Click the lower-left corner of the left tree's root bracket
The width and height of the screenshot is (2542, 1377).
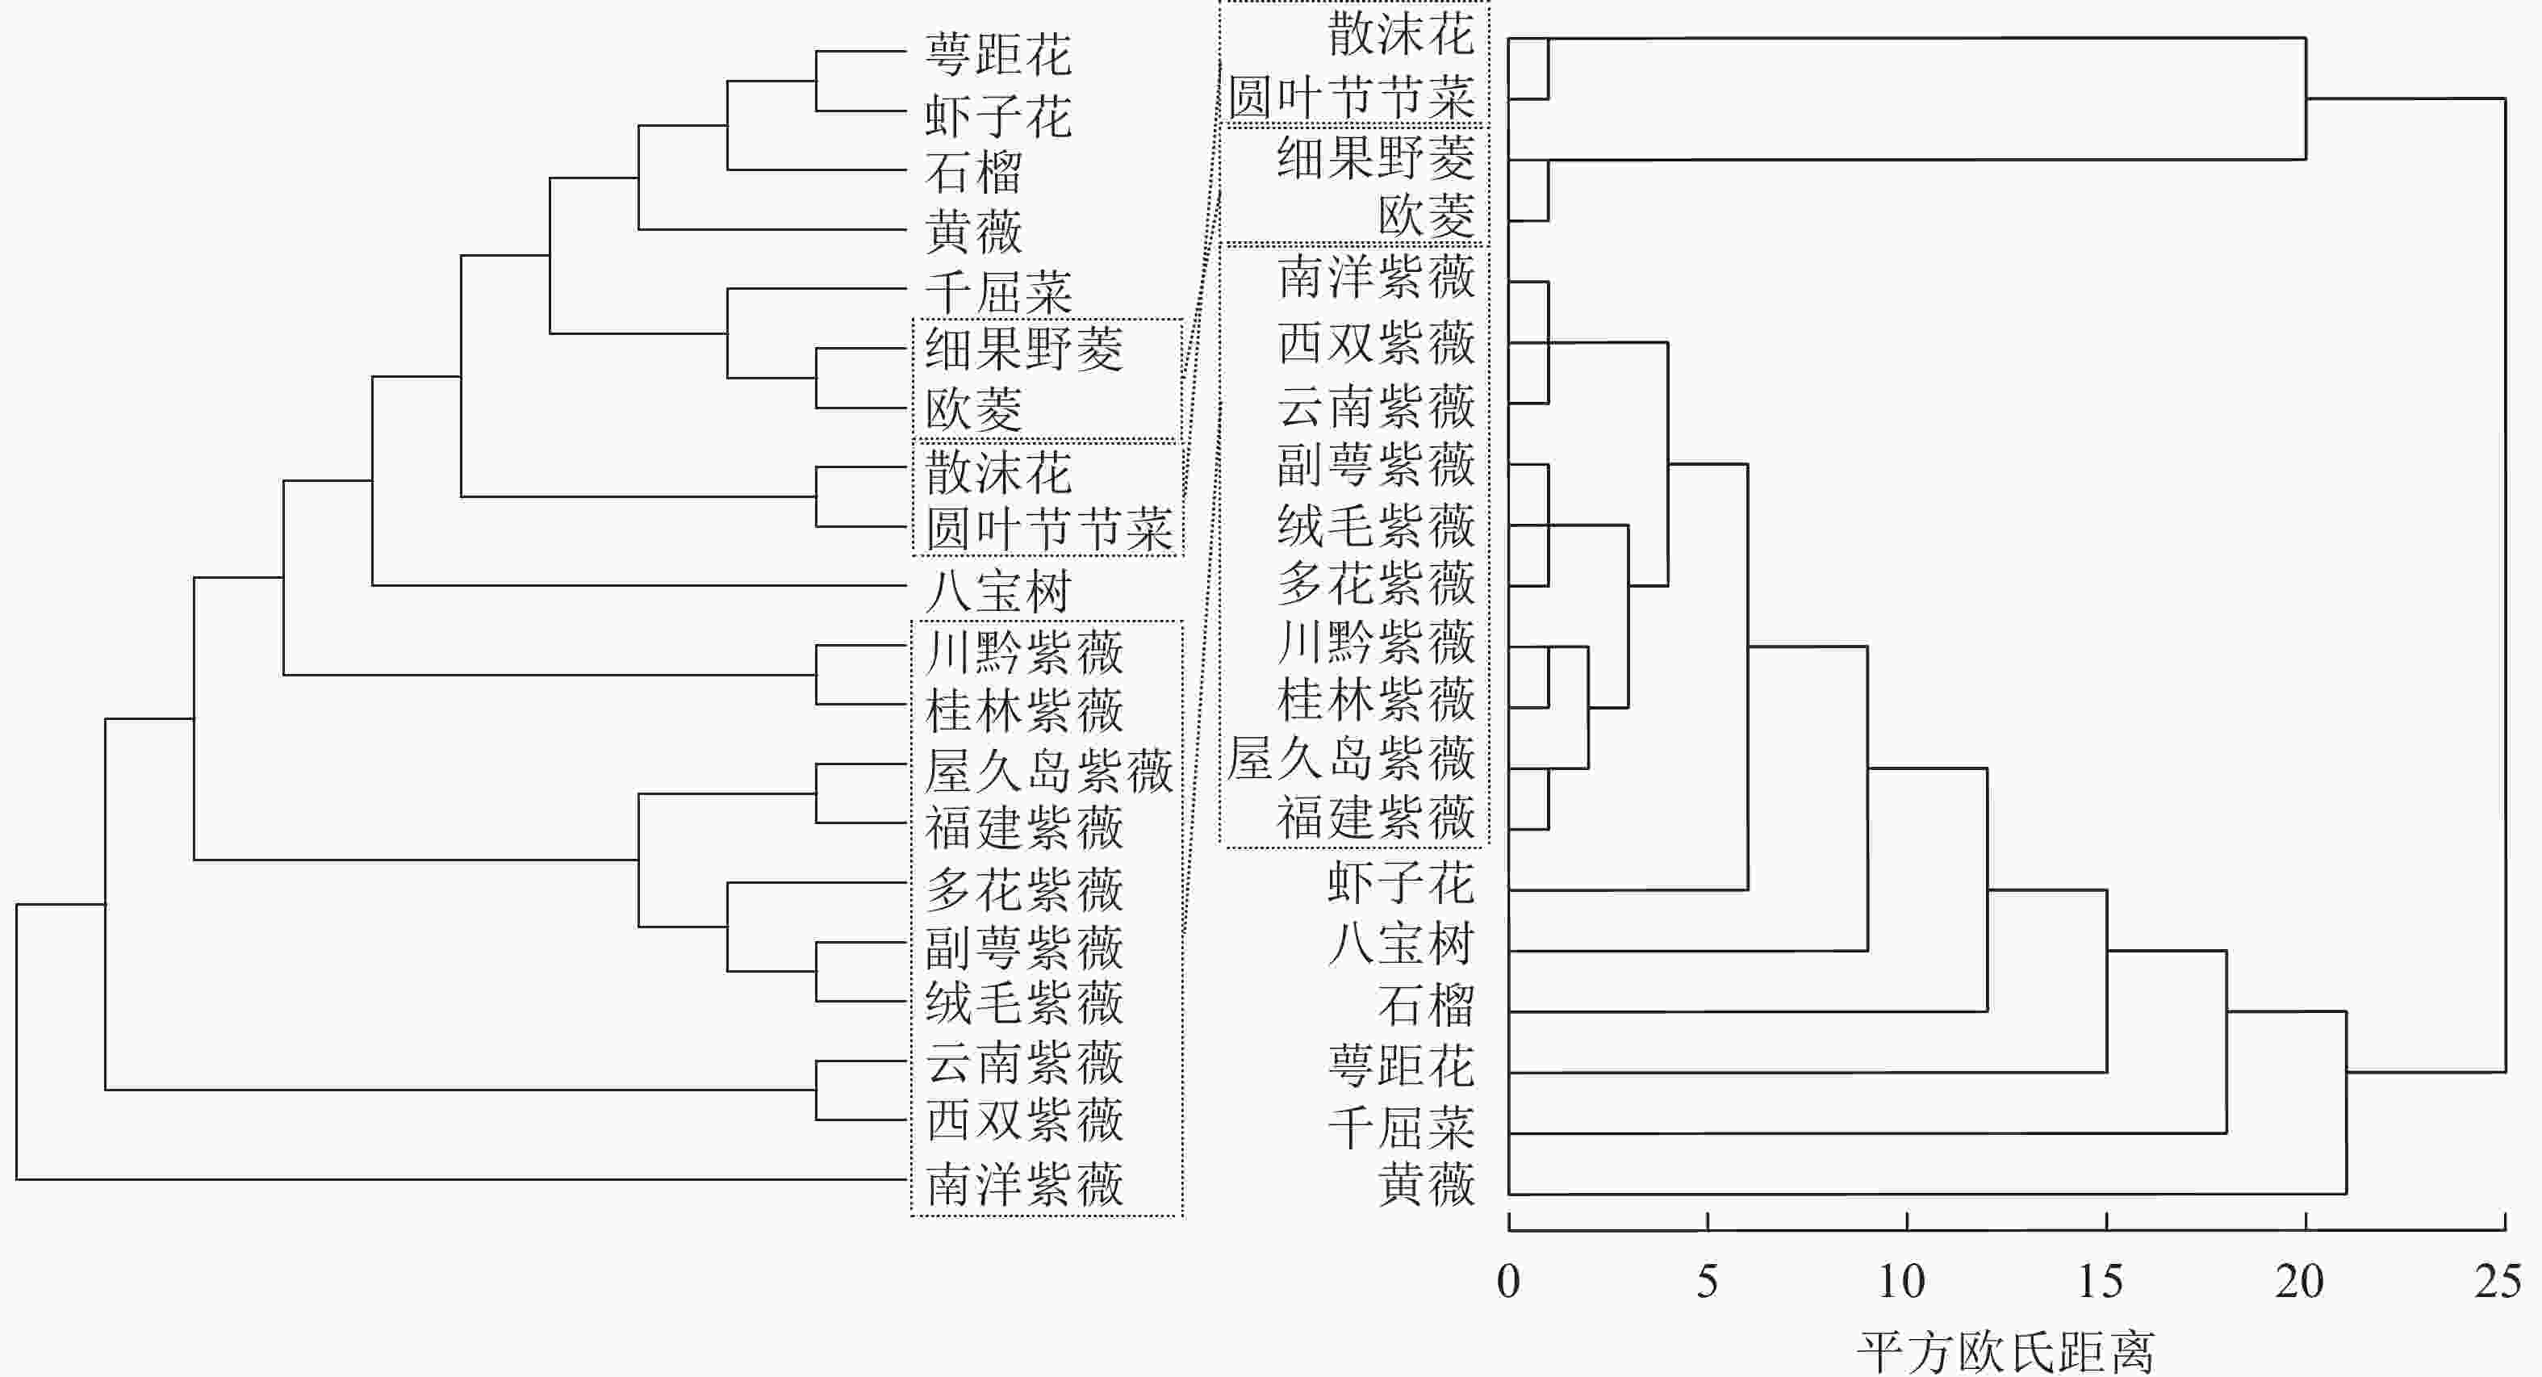click(x=17, y=1178)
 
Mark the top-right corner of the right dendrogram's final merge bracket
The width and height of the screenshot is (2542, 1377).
click(x=2505, y=98)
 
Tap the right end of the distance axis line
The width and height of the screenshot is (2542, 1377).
click(x=2505, y=1230)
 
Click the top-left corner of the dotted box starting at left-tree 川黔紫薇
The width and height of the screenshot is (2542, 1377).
click(x=912, y=621)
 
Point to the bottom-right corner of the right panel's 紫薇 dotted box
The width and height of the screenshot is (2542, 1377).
click(x=1487, y=846)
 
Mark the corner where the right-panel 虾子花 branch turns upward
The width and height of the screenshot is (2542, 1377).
click(x=1748, y=889)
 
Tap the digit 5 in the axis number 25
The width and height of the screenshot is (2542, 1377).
click(x=2511, y=1281)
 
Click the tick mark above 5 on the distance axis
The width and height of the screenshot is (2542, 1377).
click(x=1707, y=1222)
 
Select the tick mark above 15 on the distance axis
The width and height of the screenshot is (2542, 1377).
click(x=2106, y=1222)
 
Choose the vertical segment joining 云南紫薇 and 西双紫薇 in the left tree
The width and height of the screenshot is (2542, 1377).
click(x=816, y=1090)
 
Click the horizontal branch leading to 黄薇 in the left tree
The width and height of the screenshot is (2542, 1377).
click(x=771, y=229)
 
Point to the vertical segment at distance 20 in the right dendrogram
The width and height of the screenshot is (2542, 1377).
click(x=2306, y=98)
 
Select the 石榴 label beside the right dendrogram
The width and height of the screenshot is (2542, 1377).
click(x=1426, y=1006)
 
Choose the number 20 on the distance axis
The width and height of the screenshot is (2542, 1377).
click(x=2299, y=1281)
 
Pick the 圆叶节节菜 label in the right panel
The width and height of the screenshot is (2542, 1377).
click(x=1351, y=97)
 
